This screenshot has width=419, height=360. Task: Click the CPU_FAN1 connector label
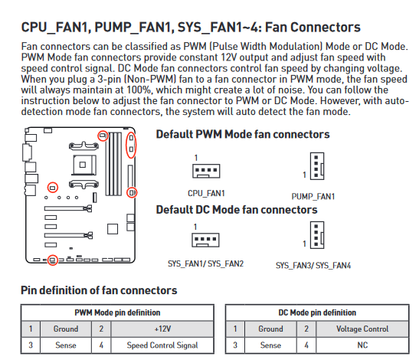click(206, 193)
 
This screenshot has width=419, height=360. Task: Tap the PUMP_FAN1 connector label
click(313, 197)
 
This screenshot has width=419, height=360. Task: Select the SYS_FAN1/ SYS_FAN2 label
click(205, 263)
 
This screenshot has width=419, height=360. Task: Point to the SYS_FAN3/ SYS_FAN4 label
click(313, 266)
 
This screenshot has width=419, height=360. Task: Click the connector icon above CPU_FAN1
click(206, 171)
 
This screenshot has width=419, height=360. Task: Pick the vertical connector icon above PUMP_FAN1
click(317, 166)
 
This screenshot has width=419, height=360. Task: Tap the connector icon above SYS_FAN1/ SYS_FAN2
click(205, 240)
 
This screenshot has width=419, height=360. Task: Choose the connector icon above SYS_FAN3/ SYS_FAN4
click(317, 235)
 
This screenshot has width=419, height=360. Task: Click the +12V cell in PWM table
click(162, 329)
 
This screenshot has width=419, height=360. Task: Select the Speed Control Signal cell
click(162, 345)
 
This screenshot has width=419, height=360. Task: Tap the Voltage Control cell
click(362, 329)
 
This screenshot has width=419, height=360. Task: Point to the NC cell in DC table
click(362, 345)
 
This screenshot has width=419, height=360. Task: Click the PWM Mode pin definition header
click(117, 313)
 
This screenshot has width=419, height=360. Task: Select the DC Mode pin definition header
click(317, 313)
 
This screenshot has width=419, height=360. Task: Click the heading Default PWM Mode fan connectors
click(243, 135)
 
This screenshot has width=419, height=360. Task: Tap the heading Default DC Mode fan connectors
click(237, 210)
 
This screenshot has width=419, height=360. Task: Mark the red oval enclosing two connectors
click(126, 145)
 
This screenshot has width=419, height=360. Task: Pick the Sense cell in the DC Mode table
click(270, 345)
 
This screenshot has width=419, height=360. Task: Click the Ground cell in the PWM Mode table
click(66, 329)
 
